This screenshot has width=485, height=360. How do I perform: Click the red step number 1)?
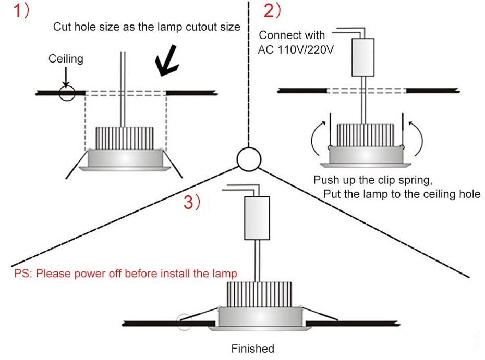[21, 11]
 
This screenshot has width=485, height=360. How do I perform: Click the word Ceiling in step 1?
[66, 58]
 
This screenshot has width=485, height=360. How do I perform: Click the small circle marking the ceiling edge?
[66, 93]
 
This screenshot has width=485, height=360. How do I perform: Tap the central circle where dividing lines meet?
[248, 158]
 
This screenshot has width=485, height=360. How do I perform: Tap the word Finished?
[252, 348]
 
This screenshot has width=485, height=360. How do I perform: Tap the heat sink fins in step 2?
[365, 135]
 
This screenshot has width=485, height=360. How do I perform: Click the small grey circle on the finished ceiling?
[184, 322]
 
